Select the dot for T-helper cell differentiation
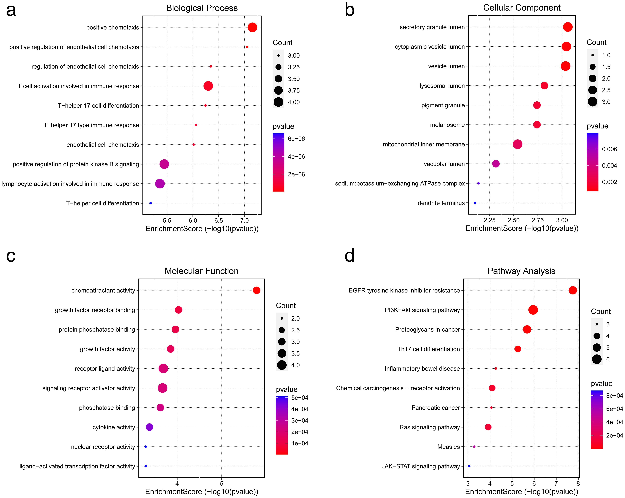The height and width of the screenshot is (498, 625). (150, 203)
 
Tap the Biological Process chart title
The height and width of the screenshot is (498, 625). (202, 8)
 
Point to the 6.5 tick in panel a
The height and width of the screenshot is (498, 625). (219, 221)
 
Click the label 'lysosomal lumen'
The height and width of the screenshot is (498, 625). (442, 86)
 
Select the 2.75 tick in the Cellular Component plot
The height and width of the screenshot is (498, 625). (538, 220)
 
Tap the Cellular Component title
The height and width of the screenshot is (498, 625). (522, 8)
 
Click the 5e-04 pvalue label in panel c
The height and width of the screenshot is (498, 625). (299, 398)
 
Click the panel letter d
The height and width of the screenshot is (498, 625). (350, 256)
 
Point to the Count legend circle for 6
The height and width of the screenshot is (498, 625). (597, 359)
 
